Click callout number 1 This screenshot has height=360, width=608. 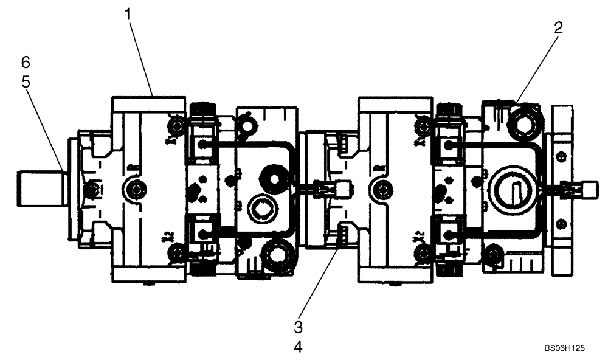pyautogui.click(x=128, y=14)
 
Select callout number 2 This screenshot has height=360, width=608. pyautogui.click(x=558, y=27)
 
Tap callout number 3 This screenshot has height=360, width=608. pyautogui.click(x=298, y=327)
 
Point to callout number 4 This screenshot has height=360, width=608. pyautogui.click(x=298, y=347)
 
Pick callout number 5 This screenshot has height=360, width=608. pyautogui.click(x=26, y=81)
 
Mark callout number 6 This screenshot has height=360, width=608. pyautogui.click(x=26, y=62)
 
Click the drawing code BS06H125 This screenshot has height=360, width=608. pyautogui.click(x=565, y=348)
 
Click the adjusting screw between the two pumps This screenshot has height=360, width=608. pyautogui.click(x=333, y=189)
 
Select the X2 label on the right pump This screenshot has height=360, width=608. pyautogui.click(x=418, y=237)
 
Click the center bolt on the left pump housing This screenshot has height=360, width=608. pyautogui.click(x=136, y=189)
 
